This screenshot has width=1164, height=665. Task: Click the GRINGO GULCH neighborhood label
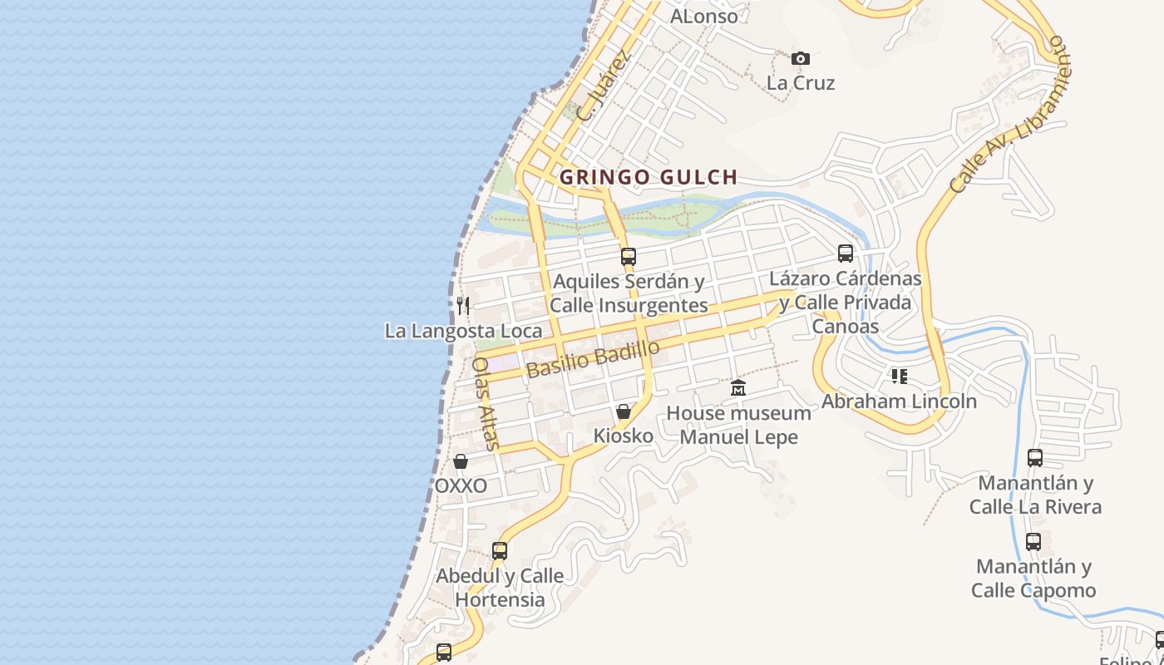point(649,177)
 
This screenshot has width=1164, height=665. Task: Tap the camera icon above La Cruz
point(801,58)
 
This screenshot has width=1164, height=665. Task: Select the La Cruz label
point(801,83)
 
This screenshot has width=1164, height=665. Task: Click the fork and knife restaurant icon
point(463,306)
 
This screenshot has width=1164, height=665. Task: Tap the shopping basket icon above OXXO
point(461,461)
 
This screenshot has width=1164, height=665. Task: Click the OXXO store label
point(461,485)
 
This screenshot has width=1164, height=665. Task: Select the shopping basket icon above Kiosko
point(624,411)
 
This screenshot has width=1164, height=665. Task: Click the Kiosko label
point(624,436)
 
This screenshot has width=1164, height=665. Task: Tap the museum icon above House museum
point(738,388)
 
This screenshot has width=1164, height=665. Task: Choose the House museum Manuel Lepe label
point(738,425)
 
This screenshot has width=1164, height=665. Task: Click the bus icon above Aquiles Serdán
point(629,257)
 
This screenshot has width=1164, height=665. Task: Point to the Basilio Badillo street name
point(593,359)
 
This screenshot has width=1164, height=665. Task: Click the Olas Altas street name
point(486,403)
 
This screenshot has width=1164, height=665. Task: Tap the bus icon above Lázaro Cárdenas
point(846,254)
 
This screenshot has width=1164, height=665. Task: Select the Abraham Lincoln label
point(899,401)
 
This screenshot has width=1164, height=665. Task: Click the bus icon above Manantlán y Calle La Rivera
point(1035,458)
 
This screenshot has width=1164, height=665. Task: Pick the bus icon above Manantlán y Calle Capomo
point(1033,542)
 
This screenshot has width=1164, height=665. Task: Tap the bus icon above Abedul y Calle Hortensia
point(500,550)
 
